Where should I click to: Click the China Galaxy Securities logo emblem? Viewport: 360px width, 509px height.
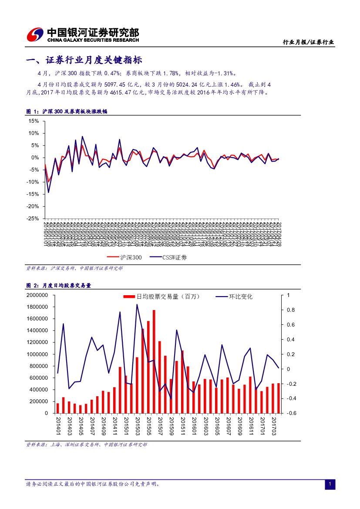35,35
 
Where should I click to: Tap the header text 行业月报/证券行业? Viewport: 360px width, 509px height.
308,42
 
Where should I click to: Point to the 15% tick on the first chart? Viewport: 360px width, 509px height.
34,121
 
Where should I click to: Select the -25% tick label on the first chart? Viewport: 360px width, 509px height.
33,219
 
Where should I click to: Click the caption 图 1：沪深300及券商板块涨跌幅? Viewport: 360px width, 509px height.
67,111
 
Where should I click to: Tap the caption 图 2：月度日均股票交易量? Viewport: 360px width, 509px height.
58,286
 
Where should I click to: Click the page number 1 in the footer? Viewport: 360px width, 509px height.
330,484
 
